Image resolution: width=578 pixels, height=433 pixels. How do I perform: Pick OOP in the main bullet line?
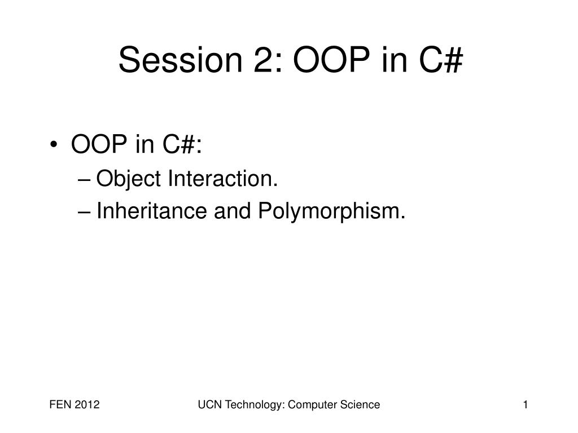[x=98, y=145]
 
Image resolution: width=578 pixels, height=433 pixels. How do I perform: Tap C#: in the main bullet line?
[x=180, y=145]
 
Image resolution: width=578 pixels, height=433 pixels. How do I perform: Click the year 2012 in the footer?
[x=87, y=405]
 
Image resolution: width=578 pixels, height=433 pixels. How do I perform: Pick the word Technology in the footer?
[x=250, y=405]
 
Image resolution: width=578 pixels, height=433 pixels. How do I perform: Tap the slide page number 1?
[x=526, y=405]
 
